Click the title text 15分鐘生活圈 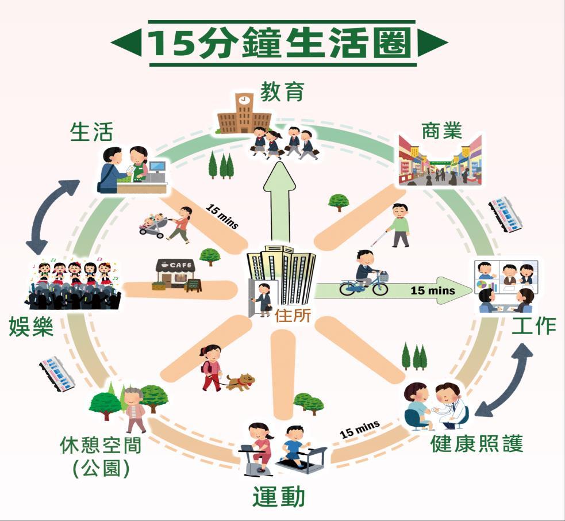(280, 43)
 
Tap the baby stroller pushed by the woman (153, 225)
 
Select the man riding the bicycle (366, 269)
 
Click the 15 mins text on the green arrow (433, 290)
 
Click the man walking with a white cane (400, 225)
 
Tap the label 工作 (534, 325)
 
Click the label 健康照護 (477, 443)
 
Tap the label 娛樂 (31, 327)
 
